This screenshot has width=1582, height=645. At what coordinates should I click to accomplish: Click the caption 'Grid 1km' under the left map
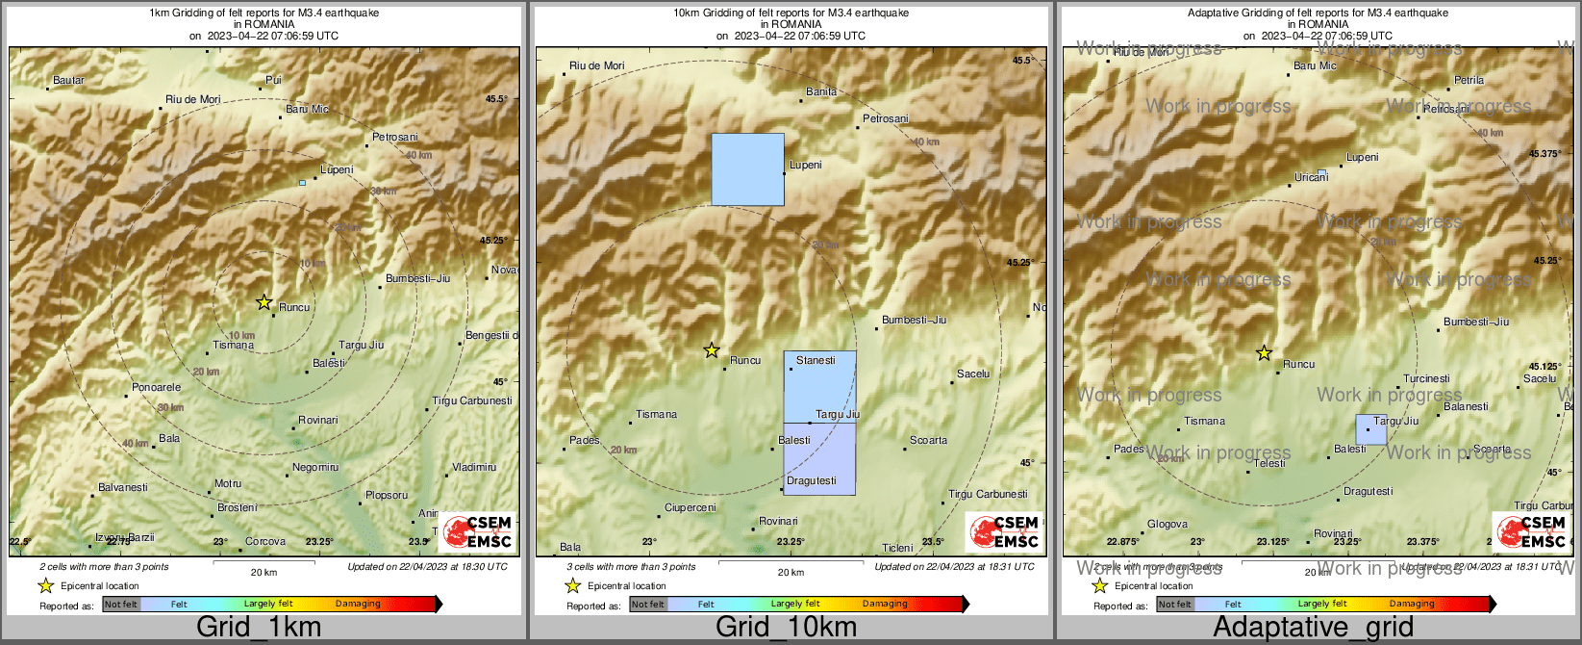259,628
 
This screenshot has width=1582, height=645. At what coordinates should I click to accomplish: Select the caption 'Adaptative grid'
1313,628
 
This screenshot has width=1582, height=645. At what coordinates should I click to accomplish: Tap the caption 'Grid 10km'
786,628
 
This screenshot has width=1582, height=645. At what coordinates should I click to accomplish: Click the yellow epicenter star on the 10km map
712,350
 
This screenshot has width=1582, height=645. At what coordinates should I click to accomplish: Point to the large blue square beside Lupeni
747,169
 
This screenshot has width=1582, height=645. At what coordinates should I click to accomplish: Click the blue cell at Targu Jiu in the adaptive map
1371,429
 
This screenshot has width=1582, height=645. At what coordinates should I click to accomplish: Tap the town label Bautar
69,81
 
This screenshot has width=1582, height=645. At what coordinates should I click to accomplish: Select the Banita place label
821,92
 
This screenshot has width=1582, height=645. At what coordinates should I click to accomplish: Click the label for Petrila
1469,81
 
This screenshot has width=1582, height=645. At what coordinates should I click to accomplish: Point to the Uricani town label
1311,178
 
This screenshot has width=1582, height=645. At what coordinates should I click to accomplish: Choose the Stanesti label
816,361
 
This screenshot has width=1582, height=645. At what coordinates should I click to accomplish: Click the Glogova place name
1168,525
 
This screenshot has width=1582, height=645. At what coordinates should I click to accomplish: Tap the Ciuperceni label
691,508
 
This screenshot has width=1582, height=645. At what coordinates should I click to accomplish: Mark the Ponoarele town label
156,388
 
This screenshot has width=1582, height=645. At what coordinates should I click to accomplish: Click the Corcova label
265,542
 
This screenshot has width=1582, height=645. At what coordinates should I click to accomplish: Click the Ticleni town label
897,549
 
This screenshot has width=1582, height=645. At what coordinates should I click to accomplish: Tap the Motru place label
228,484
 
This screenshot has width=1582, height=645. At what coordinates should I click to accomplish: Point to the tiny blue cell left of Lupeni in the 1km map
302,183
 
